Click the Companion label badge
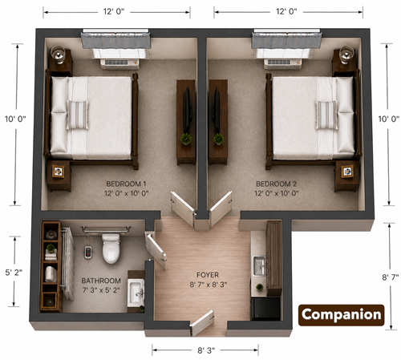coord(341,315)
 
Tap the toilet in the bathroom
coord(111,249)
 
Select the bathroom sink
coord(136,293)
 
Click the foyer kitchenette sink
coord(259,266)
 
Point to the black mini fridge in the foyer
coord(265,309)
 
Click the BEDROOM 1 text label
coord(126,184)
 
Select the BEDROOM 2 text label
coord(276,184)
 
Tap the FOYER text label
coord(208,275)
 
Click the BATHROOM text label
coord(101,281)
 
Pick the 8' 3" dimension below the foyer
coord(206,350)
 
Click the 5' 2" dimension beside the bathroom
coord(14,273)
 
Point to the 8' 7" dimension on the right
coord(390,277)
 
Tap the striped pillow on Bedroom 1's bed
coord(78,115)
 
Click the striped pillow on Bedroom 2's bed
coord(326,115)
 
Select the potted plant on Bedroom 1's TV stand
coord(185,139)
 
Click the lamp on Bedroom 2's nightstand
coord(346,55)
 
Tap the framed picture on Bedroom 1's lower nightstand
coord(59,172)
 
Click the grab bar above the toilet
coord(106,229)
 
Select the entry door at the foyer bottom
coord(202,322)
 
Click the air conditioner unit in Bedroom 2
coord(283,63)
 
